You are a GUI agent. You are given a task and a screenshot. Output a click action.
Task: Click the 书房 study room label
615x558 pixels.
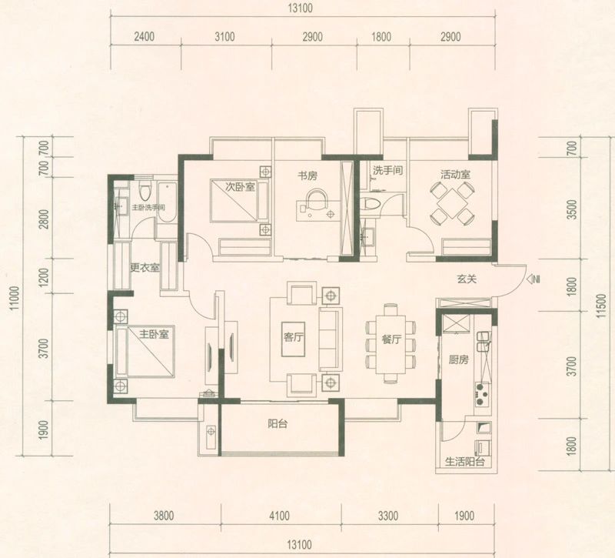[x=307, y=175]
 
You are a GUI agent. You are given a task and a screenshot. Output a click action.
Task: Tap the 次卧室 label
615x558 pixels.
[x=241, y=186]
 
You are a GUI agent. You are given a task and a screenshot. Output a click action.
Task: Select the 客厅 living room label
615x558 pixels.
[x=293, y=336]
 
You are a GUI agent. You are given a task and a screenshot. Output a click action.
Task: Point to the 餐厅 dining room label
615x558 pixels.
[x=391, y=339]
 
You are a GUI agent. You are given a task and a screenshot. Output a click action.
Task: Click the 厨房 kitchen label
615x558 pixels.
[x=458, y=359]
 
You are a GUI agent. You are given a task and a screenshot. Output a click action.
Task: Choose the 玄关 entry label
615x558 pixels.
[x=467, y=279]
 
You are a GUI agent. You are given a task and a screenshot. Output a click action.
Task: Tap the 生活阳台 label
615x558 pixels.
[x=465, y=462]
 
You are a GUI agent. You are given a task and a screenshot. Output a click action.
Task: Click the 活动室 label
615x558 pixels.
[x=455, y=175]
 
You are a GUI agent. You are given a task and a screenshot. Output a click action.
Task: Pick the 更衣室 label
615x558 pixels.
[x=145, y=268]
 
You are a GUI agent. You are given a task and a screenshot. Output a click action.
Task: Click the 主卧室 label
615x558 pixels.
[x=154, y=334]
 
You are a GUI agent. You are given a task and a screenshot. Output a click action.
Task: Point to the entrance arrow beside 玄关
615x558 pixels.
[x=533, y=279]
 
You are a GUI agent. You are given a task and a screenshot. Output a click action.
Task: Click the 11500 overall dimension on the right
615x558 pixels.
[x=603, y=305]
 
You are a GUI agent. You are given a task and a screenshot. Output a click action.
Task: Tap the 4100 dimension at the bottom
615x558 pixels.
[x=279, y=515]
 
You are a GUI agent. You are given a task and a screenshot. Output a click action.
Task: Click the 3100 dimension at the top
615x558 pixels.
[x=225, y=36]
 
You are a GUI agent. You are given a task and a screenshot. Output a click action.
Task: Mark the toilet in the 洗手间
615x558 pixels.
[x=371, y=205]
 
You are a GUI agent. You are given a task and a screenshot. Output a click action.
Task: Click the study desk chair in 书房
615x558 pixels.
[x=316, y=199]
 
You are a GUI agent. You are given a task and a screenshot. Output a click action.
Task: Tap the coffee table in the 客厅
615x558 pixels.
[x=293, y=339]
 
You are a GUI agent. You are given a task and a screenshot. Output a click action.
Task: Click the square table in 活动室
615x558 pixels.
[x=451, y=204]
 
